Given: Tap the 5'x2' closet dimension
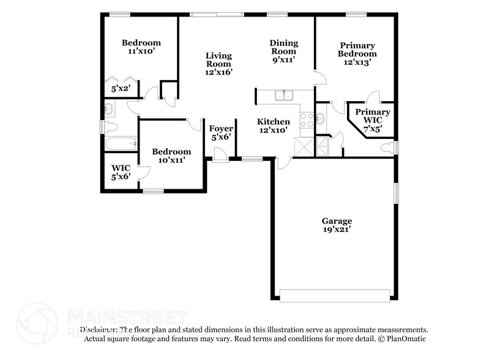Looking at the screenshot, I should (120, 89).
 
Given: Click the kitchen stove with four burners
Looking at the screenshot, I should (306, 119).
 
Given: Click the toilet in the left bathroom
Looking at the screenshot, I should (111, 127).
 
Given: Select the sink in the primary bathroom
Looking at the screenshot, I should (321, 118).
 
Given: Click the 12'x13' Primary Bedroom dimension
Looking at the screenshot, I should (357, 62).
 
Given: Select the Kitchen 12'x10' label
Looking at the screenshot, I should (273, 126).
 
